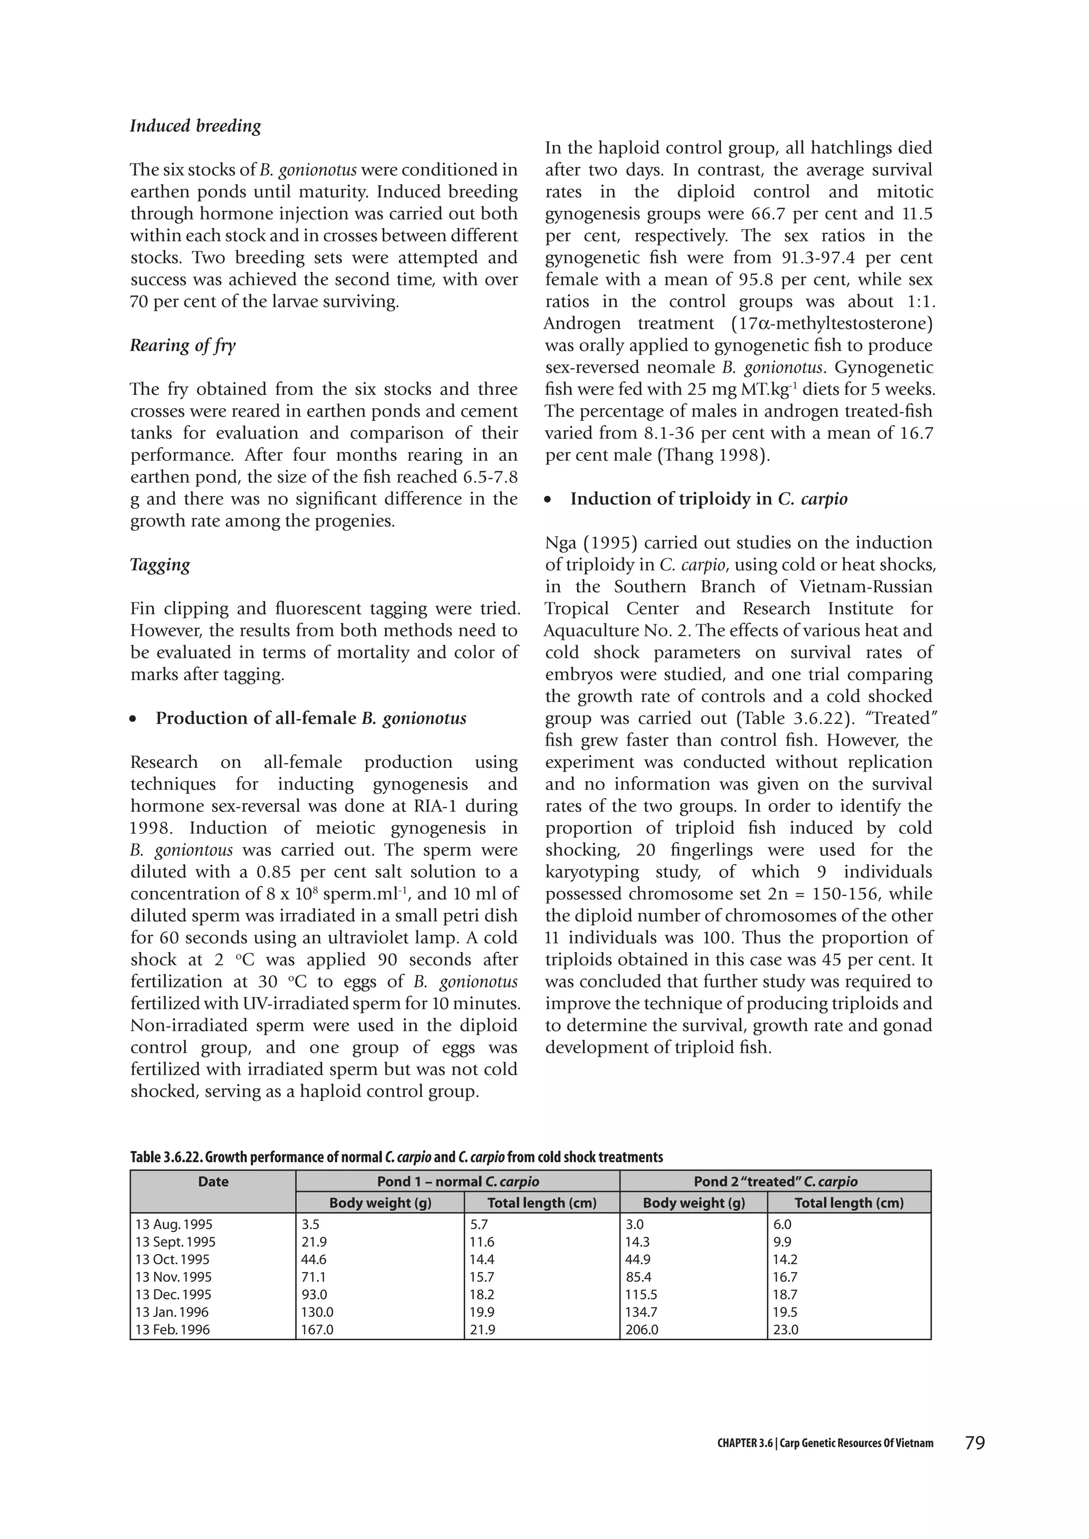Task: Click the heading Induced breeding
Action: coord(195,126)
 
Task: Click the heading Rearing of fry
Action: coord(182,345)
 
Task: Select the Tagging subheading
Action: coord(160,564)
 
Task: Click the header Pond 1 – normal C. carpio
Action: coord(457,1182)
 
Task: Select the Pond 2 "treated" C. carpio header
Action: coord(775,1182)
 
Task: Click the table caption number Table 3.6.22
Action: coord(166,1157)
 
